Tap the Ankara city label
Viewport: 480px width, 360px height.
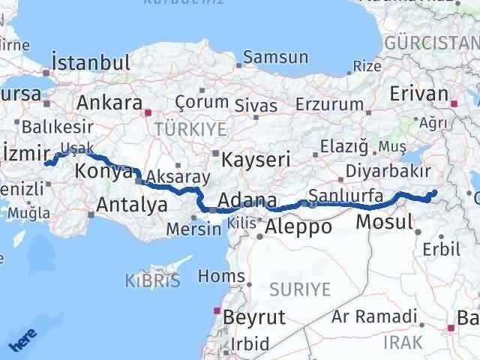(x=109, y=102)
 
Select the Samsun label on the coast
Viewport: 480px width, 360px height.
(x=275, y=57)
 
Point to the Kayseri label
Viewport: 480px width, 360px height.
(x=251, y=158)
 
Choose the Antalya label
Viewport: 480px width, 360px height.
(x=131, y=204)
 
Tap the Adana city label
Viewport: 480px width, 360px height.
(x=247, y=201)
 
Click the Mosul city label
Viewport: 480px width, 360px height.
(x=384, y=221)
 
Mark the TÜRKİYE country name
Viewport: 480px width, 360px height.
(x=180, y=130)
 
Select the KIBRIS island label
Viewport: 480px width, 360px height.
(x=154, y=281)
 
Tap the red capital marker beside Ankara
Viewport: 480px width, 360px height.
(x=148, y=112)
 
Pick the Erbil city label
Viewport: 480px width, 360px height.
(x=441, y=248)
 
